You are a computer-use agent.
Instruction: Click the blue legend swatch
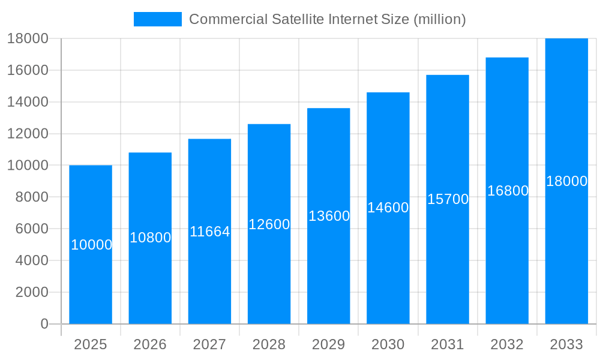(x=157, y=19)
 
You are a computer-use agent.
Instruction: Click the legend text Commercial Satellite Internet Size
(x=327, y=19)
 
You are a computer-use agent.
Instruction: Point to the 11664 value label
(x=210, y=232)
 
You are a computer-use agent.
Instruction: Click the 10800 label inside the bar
(x=151, y=238)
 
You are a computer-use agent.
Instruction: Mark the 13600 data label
(x=329, y=216)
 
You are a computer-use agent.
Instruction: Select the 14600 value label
(x=388, y=208)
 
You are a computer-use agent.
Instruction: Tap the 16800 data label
(x=508, y=191)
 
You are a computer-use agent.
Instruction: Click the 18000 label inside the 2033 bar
(x=566, y=181)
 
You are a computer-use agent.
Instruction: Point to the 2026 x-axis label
(x=150, y=344)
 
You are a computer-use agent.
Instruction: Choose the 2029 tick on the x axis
(x=329, y=344)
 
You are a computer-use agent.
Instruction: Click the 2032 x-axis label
(x=507, y=344)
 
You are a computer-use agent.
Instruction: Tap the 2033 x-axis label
(x=566, y=344)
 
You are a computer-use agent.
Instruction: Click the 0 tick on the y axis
(x=44, y=324)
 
